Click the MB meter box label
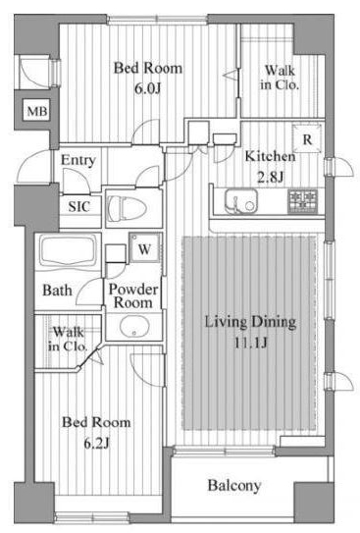click(x=37, y=111)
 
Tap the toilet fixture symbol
click(x=127, y=208)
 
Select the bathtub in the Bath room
click(x=69, y=251)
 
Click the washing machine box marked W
click(x=144, y=247)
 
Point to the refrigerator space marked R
click(x=307, y=138)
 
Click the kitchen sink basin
click(x=240, y=201)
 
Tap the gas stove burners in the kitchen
click(x=302, y=201)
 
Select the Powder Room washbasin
click(x=134, y=327)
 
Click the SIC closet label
click(x=79, y=207)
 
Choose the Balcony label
click(x=234, y=485)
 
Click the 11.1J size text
click(x=251, y=343)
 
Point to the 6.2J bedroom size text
click(x=96, y=444)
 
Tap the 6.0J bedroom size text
click(x=147, y=88)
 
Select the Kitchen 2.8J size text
click(x=270, y=177)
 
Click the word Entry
click(x=78, y=160)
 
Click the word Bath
click(x=58, y=291)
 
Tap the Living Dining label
click(x=251, y=322)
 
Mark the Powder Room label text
click(x=133, y=295)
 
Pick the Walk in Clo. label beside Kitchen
click(x=280, y=78)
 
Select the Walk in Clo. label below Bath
click(x=68, y=339)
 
